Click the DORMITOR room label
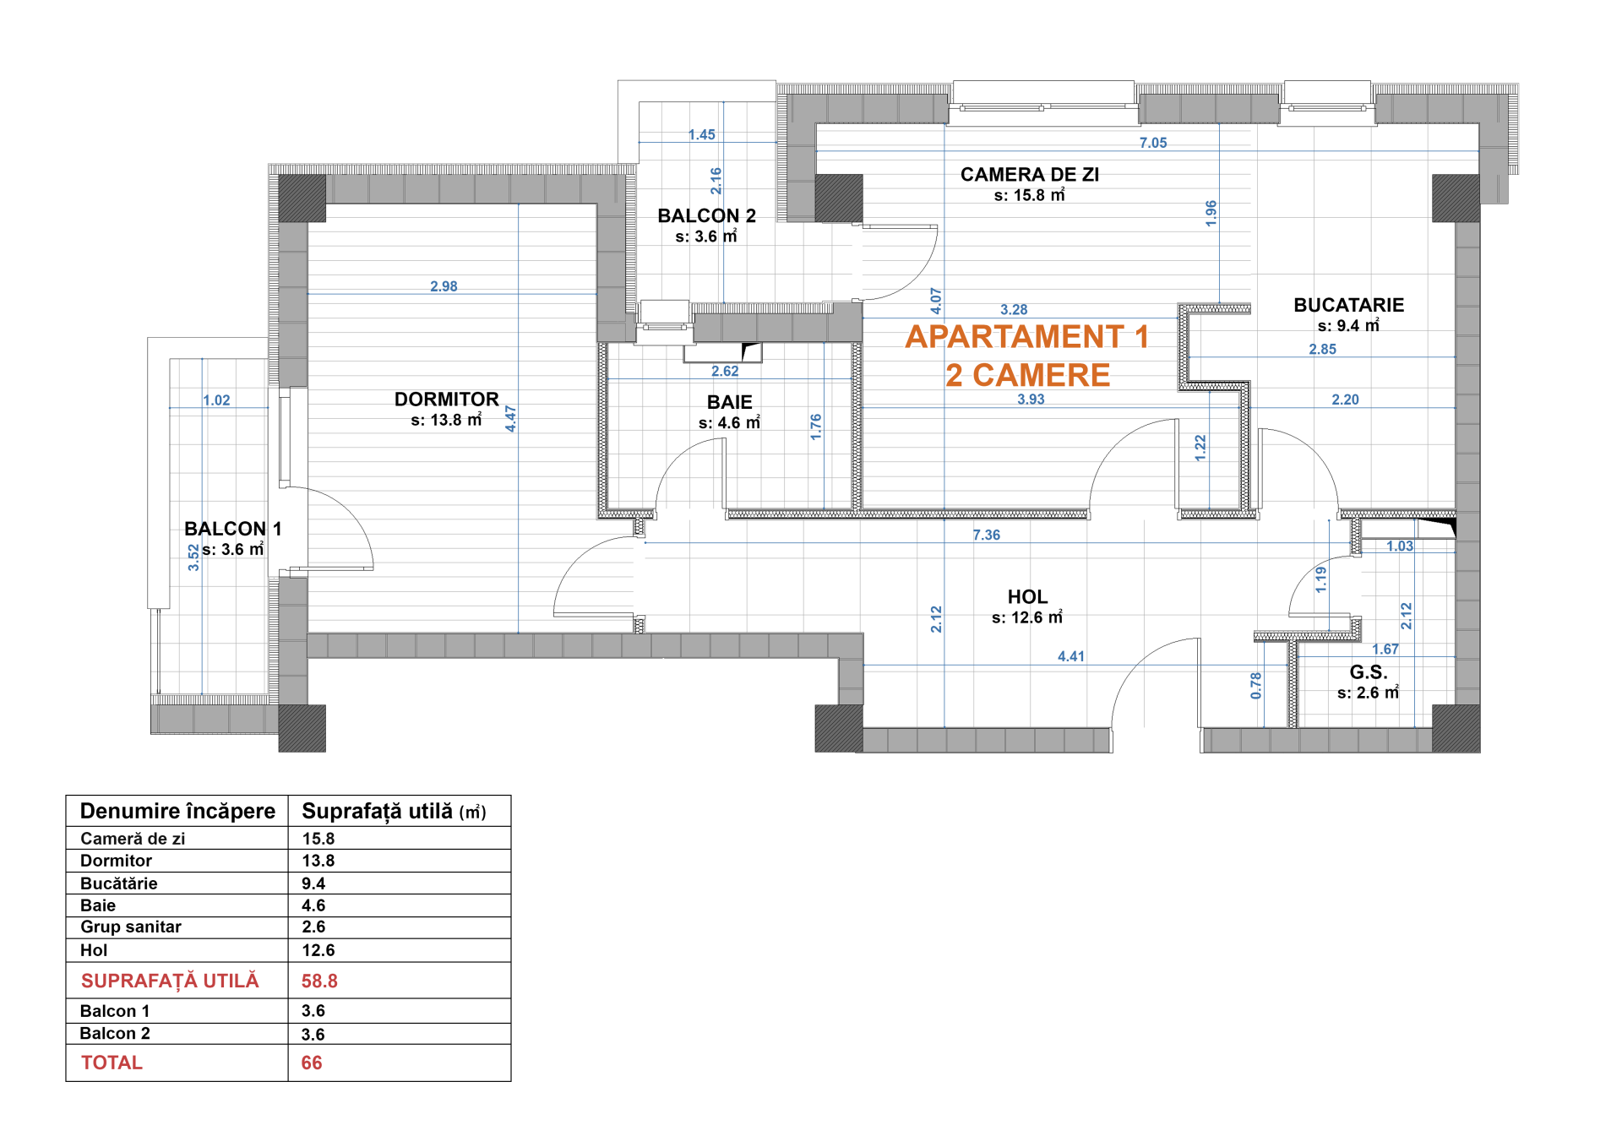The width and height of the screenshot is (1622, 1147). pyautogui.click(x=446, y=400)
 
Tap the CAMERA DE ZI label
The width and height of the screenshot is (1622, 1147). pyautogui.click(x=1030, y=175)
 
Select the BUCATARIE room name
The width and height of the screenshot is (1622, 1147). pyautogui.click(x=1348, y=305)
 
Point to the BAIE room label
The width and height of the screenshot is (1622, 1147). pyautogui.click(x=730, y=402)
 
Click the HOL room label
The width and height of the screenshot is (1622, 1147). pyautogui.click(x=1027, y=597)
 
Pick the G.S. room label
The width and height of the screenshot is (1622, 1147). pyautogui.click(x=1369, y=672)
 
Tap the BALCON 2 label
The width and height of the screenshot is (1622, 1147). pyautogui.click(x=707, y=216)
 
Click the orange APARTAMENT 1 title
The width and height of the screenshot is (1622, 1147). pyautogui.click(x=1027, y=337)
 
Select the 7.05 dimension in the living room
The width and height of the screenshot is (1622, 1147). pyautogui.click(x=1153, y=143)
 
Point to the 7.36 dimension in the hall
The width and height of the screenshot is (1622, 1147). pyautogui.click(x=986, y=535)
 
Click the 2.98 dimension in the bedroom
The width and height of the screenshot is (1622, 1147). pyautogui.click(x=444, y=286)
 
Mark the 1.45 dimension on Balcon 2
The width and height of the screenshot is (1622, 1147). pyautogui.click(x=701, y=134)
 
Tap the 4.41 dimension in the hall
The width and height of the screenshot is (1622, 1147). pyautogui.click(x=1071, y=656)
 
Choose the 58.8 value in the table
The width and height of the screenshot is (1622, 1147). pyautogui.click(x=319, y=981)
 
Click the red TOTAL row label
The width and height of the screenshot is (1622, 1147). pyautogui.click(x=112, y=1063)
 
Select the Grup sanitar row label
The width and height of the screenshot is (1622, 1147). pyautogui.click(x=131, y=927)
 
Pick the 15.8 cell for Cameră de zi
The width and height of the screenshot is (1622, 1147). pyautogui.click(x=318, y=839)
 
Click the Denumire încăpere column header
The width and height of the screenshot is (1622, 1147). pyautogui.click(x=177, y=812)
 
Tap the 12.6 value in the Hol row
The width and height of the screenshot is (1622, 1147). pyautogui.click(x=318, y=950)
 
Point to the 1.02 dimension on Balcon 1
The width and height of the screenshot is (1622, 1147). pyautogui.click(x=216, y=400)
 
